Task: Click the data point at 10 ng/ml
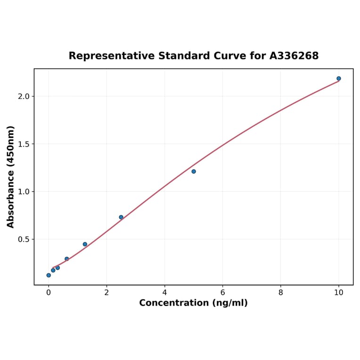point(339,79)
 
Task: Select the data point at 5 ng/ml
point(194,172)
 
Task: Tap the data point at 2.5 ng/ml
point(121,217)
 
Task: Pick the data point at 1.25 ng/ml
point(85,244)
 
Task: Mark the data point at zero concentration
point(49,275)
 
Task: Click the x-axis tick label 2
point(106,292)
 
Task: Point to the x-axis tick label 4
point(164,292)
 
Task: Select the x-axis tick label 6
point(222,292)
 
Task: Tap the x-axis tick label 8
point(281,292)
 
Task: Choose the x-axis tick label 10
point(339,292)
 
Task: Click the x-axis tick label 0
point(49,292)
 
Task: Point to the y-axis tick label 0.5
point(23,239)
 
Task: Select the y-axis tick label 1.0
point(23,192)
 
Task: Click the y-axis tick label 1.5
point(23,144)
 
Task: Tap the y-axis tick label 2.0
point(23,97)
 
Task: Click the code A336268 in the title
point(294,56)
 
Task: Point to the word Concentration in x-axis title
point(173,303)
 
